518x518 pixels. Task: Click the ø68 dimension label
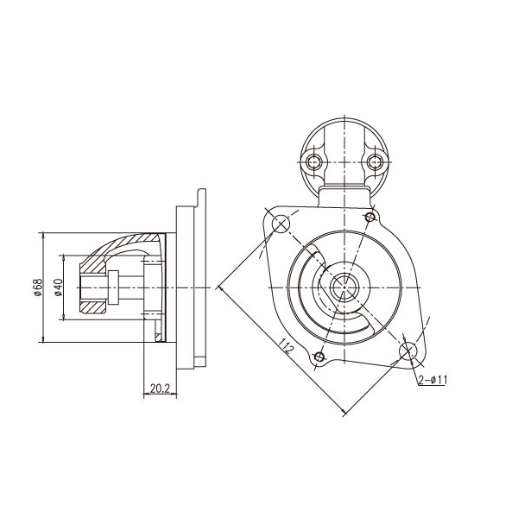coord(38,287)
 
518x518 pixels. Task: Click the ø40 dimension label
coord(58,287)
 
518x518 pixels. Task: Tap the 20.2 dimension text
coord(160,388)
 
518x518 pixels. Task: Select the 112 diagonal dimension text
coord(286,346)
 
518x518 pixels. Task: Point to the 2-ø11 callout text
coord(433,380)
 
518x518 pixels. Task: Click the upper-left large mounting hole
coord(281,224)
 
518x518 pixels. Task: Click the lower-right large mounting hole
coord(408,351)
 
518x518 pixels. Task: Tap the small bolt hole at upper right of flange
coord(370,217)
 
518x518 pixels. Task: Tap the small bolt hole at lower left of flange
coord(319,357)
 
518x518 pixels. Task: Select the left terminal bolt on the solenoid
coord(314,162)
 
